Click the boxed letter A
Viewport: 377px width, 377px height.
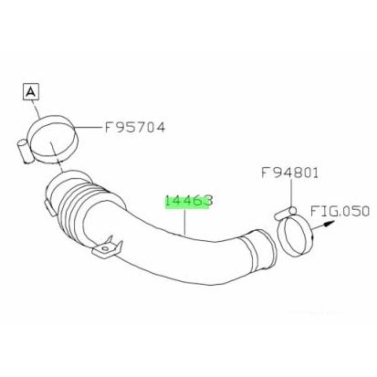[x=31, y=91]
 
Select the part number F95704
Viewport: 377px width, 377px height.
[x=135, y=127]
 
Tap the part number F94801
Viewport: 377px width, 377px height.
[x=289, y=173]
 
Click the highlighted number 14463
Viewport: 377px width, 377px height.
[x=189, y=201]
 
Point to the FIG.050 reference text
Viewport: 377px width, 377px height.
[x=340, y=211]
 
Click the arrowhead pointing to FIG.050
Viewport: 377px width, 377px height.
[x=327, y=225]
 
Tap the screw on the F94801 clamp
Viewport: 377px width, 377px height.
[x=285, y=213]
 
